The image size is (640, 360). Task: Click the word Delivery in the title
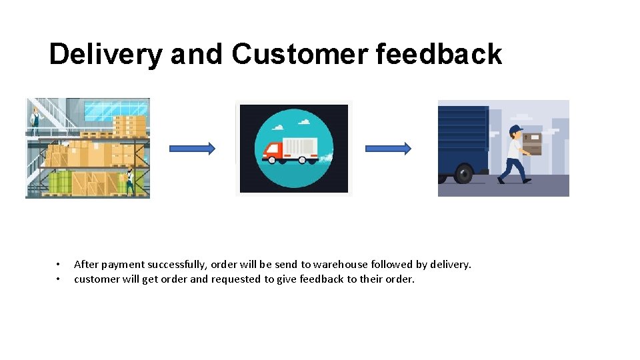[x=105, y=55]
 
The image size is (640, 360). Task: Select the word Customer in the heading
[x=299, y=55]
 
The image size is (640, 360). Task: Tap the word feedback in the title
[x=439, y=55]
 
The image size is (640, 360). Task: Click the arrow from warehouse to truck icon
[x=192, y=149]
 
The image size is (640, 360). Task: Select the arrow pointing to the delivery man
[x=388, y=149]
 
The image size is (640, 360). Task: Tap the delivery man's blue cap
[x=515, y=129]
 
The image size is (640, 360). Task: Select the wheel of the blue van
[x=463, y=175]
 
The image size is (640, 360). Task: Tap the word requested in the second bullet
[x=236, y=279]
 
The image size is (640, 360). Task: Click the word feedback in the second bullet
[x=321, y=279]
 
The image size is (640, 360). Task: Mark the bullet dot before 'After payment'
[x=59, y=265]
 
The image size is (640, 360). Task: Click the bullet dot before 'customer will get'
[x=59, y=279]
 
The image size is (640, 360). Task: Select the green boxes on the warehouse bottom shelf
[x=60, y=181]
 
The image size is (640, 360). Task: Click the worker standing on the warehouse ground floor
[x=129, y=181]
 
